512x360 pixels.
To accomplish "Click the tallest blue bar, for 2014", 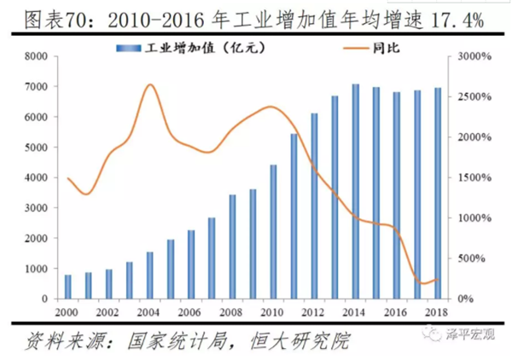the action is click(x=356, y=192).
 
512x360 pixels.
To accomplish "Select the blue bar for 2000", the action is click(x=68, y=287).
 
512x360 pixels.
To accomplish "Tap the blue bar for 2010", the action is click(x=273, y=232).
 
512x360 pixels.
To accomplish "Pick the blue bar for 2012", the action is click(x=314, y=206).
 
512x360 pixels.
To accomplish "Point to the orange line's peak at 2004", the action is click(x=150, y=84).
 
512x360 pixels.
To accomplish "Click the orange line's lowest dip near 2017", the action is click(x=423, y=283).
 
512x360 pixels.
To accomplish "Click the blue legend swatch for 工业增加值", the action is click(x=129, y=49).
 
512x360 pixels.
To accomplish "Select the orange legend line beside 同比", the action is click(x=356, y=49).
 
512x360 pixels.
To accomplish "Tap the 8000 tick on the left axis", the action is click(x=36, y=56).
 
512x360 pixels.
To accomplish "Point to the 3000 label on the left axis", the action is click(x=36, y=208).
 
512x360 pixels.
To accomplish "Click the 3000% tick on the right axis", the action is click(x=474, y=56).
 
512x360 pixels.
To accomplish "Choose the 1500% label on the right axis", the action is click(x=474, y=177).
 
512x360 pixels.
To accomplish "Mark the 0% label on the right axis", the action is click(x=465, y=299).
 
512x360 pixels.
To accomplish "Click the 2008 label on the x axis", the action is click(x=231, y=312).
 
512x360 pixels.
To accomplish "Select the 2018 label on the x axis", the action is click(x=436, y=312).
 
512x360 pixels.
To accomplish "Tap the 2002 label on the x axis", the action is click(x=108, y=312).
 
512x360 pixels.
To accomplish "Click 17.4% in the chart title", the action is click(x=457, y=20).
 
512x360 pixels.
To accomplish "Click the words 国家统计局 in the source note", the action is click(x=177, y=341).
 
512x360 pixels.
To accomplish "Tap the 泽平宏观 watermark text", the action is click(x=470, y=334).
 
